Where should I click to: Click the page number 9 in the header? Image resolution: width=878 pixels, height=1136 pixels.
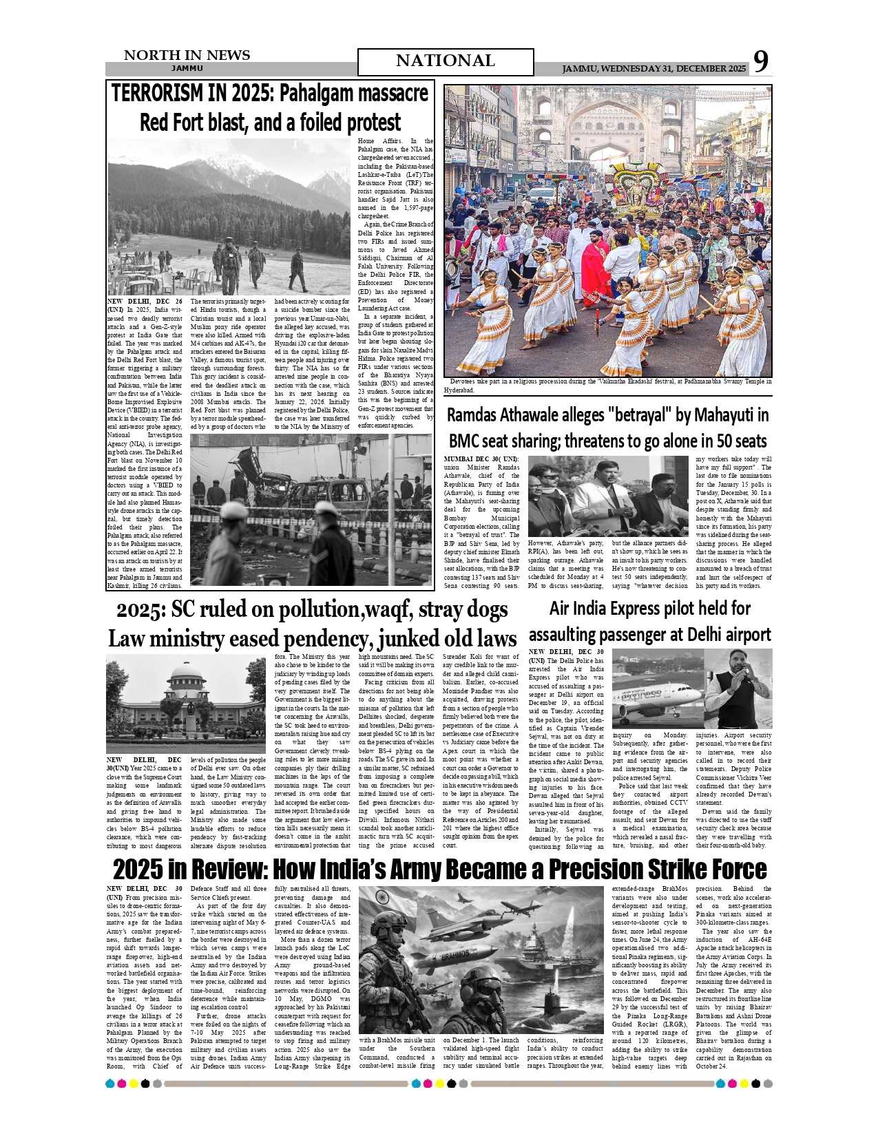pos(760,62)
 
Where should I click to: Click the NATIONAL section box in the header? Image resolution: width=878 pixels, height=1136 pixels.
pos(446,61)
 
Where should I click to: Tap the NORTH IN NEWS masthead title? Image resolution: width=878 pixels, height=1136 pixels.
pos(187,55)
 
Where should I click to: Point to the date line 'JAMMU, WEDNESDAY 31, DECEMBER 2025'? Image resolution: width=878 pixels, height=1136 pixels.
pos(654,69)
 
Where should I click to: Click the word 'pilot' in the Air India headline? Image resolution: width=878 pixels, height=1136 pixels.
pos(682,609)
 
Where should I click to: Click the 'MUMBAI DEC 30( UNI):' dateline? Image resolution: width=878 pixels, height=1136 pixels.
pos(482,459)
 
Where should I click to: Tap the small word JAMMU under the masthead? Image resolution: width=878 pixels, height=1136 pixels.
pos(187,69)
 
